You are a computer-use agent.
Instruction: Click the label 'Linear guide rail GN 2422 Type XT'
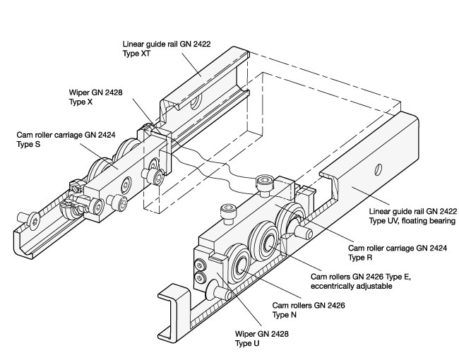coord(167,49)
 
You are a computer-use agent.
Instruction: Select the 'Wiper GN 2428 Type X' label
coord(96,97)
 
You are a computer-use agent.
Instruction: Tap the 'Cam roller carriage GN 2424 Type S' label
coord(66,139)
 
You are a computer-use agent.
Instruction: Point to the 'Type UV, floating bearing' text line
coord(412,221)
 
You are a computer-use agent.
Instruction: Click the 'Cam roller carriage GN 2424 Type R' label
coord(398,253)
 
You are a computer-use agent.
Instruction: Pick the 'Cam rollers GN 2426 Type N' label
coord(309,310)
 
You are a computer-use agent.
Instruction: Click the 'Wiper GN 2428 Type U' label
coord(262,338)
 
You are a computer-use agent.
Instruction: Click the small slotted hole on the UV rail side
coord(378,169)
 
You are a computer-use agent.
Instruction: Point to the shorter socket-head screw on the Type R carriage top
coord(229,214)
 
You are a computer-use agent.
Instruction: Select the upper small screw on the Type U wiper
coord(200,265)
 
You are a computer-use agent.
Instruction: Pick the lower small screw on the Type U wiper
coord(201,277)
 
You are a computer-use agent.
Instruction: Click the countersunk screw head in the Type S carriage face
coord(126,184)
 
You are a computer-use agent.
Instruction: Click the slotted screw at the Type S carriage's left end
coord(77,187)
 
